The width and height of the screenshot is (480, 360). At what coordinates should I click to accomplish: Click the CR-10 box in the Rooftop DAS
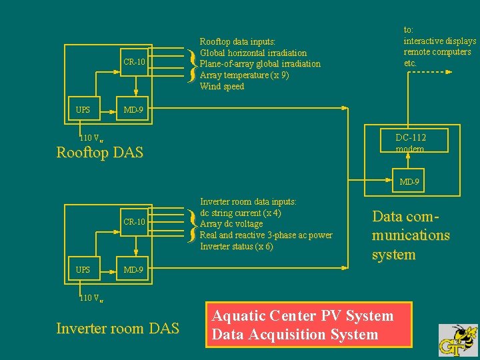pyautogui.click(x=134, y=62)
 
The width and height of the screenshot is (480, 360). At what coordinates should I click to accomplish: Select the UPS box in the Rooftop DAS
pyautogui.click(x=83, y=109)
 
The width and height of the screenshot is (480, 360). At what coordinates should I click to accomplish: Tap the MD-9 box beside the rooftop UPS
pyautogui.click(x=134, y=109)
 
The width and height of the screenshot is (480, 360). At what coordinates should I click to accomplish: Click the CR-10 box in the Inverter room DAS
pyautogui.click(x=134, y=222)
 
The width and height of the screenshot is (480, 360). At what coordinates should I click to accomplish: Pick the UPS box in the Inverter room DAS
pyautogui.click(x=83, y=269)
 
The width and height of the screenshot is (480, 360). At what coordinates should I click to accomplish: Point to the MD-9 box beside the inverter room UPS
pyautogui.click(x=134, y=269)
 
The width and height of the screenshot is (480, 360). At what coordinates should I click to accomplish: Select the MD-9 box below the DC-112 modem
pyautogui.click(x=409, y=182)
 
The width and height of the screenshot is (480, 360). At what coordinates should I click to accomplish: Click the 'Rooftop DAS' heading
pyautogui.click(x=99, y=153)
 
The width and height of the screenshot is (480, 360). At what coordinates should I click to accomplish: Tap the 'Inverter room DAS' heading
pyautogui.click(x=117, y=328)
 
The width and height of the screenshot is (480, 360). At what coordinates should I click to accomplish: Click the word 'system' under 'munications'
pyautogui.click(x=393, y=255)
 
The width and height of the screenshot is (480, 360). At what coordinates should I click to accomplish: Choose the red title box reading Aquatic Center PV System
pyautogui.click(x=309, y=325)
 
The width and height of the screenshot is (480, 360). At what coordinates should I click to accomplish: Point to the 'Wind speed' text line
pyautogui.click(x=222, y=87)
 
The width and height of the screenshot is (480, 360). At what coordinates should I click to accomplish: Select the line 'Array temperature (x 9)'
pyautogui.click(x=244, y=75)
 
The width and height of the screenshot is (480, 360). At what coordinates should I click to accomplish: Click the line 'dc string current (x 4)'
pyautogui.click(x=240, y=213)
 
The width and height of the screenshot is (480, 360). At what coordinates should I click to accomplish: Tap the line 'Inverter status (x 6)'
pyautogui.click(x=237, y=247)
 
